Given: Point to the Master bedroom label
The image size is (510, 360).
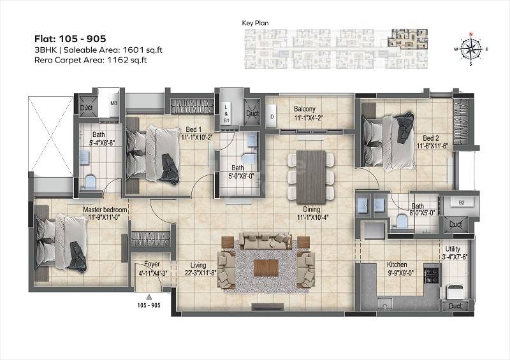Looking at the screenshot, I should click(105, 210).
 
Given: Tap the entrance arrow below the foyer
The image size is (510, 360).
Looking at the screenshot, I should click(149, 296).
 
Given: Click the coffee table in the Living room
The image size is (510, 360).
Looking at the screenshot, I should click(266, 267).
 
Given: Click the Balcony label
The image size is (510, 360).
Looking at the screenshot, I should click(306, 108).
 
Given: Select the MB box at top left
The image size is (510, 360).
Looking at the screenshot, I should click(114, 103).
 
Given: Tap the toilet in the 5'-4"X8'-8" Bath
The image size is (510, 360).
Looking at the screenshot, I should click(90, 182).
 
